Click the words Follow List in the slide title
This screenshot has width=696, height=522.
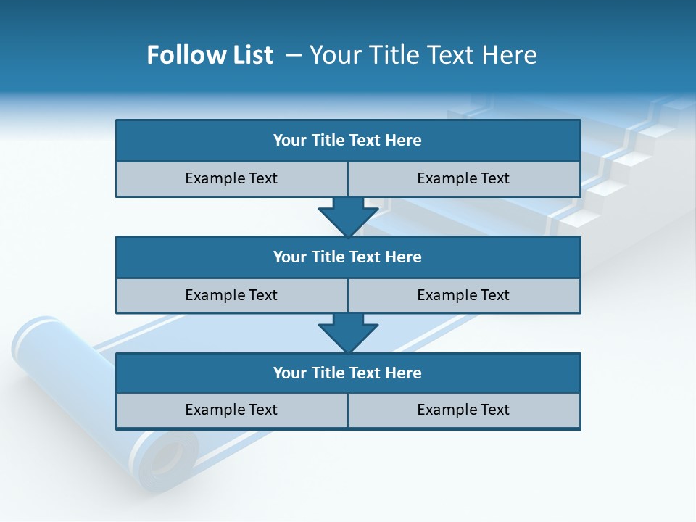point(210,55)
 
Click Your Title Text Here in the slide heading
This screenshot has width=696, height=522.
point(423,55)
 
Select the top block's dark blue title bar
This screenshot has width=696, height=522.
point(348,141)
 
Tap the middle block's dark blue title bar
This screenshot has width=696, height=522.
point(348,257)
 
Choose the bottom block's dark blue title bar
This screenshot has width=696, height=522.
point(348,373)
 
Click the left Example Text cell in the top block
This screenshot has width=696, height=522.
point(231,179)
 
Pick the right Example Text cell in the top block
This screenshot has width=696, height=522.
point(464,179)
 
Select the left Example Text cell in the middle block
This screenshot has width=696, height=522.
point(231,296)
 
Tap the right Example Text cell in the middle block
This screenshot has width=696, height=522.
point(464,296)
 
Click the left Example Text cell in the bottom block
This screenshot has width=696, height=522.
point(231,410)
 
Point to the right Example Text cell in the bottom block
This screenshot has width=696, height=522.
point(464,410)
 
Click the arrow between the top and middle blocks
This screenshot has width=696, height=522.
point(348,217)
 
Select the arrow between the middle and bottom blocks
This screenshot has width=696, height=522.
point(348,333)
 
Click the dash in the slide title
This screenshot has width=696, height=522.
point(294,55)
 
